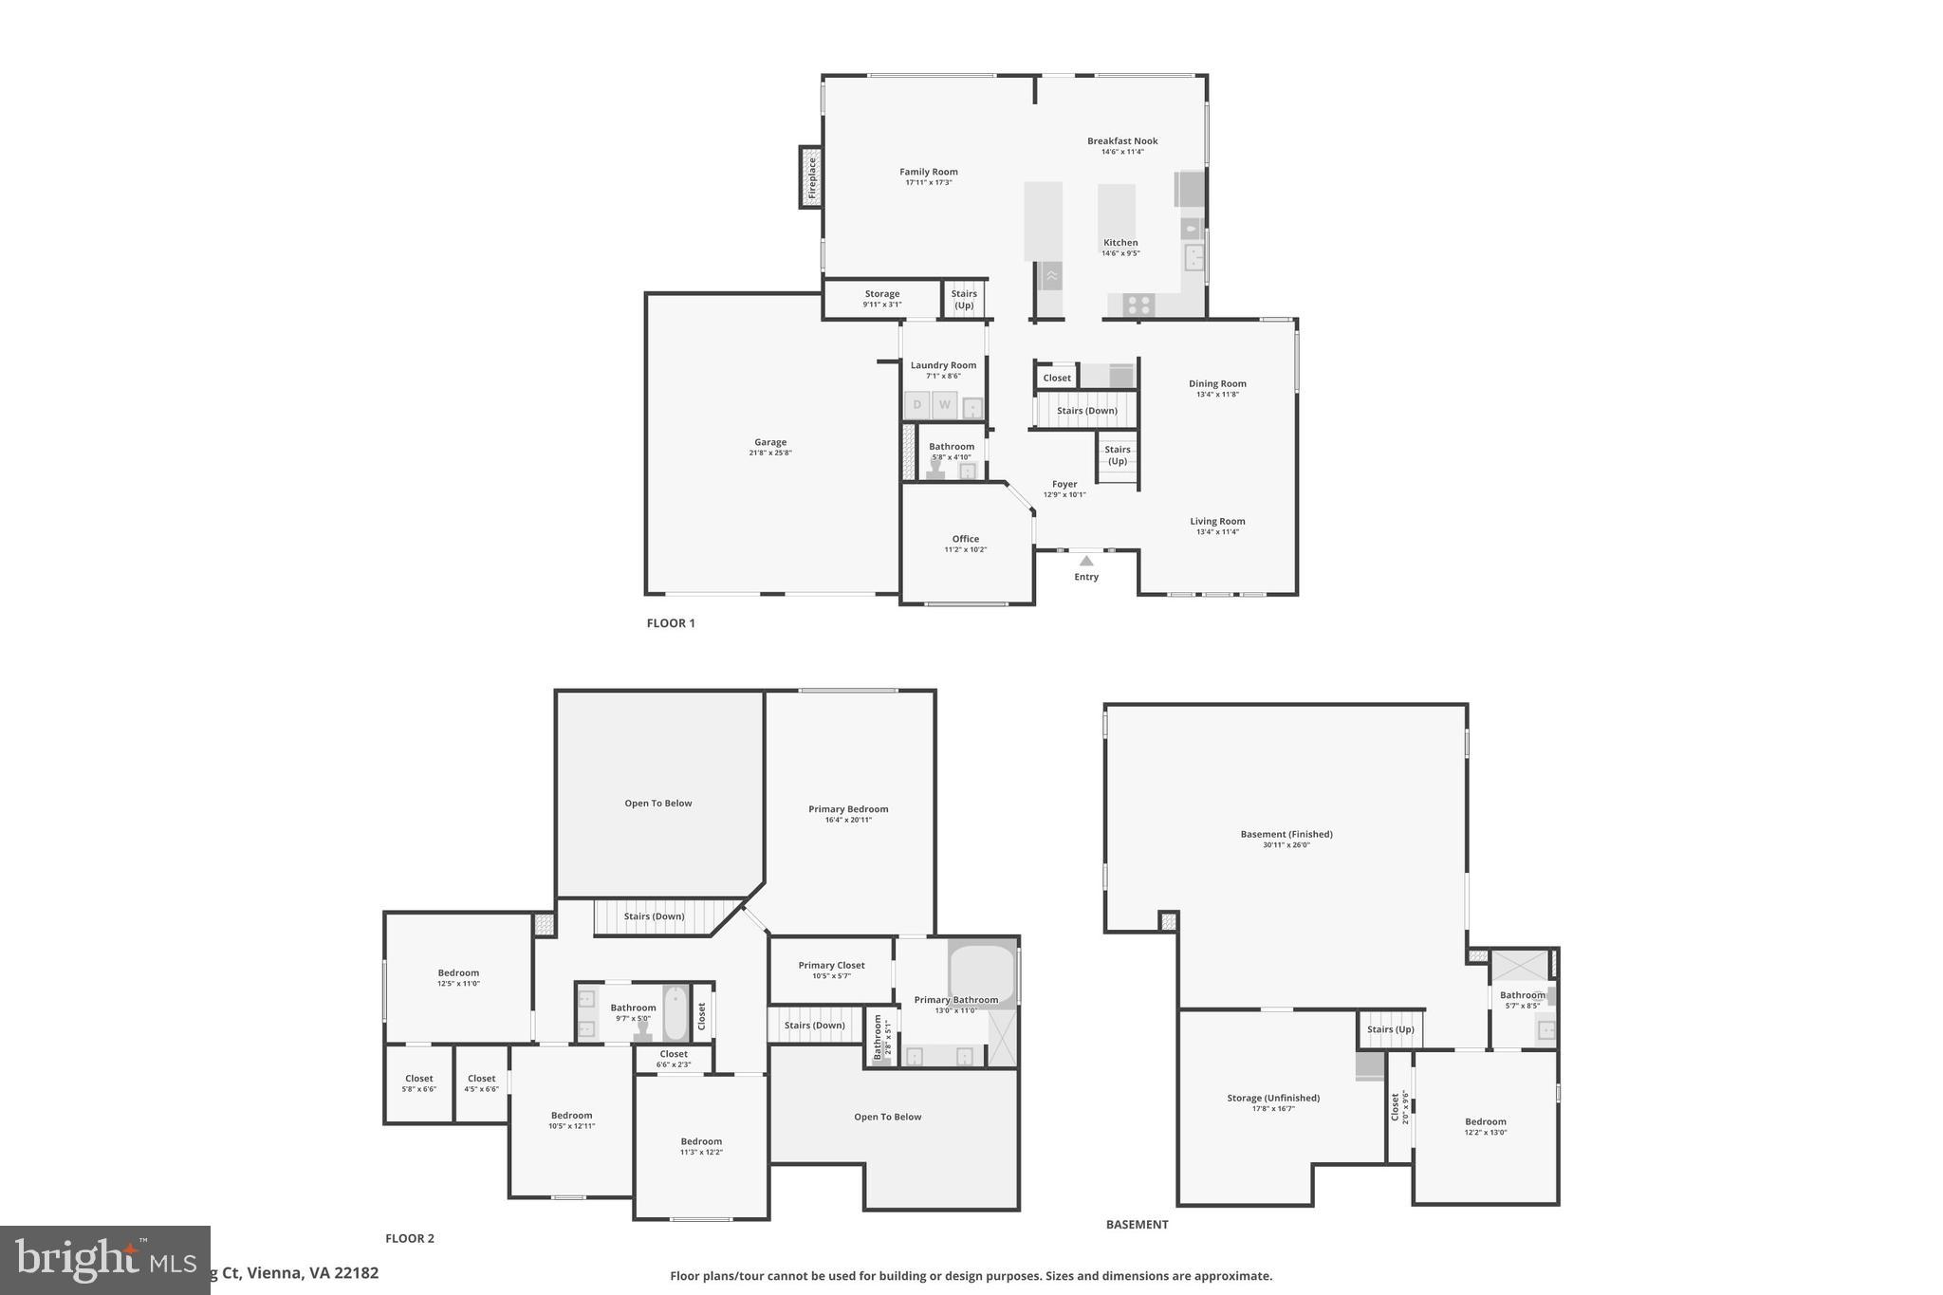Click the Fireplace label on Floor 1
812,177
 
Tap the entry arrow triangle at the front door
1086,561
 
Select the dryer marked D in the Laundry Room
917,405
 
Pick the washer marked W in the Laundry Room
945,405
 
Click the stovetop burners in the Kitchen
1138,305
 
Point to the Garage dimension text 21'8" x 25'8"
770,453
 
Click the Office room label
966,539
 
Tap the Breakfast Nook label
1122,141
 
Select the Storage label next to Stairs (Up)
882,294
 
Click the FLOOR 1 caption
671,623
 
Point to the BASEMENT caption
1137,1225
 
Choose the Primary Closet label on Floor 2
831,966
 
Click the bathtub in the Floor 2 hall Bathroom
675,1013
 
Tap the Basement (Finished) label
1286,835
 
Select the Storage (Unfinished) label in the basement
1273,1099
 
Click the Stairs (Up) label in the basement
1391,1029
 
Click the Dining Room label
1217,384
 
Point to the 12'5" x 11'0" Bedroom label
458,973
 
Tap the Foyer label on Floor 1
1064,484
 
